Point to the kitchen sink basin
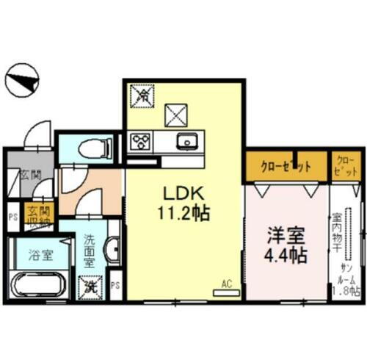pos(186,140)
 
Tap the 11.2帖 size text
pos(183,214)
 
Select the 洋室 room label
pos(285,238)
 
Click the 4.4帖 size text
pos(286,258)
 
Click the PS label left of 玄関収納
pos(12,217)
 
